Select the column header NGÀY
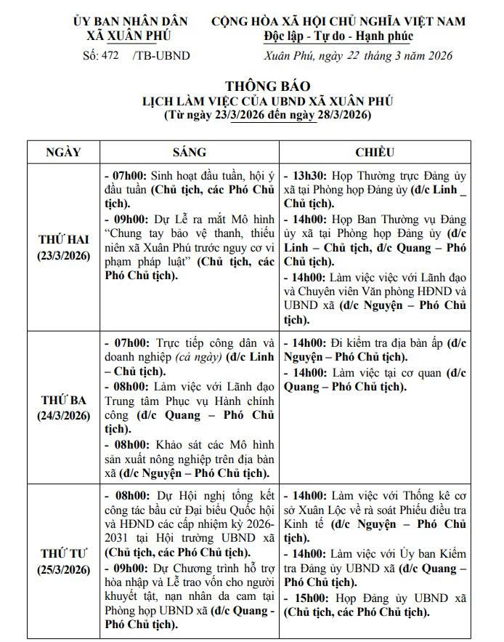[63, 152]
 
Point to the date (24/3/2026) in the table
[63, 416]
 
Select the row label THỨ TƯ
[63, 553]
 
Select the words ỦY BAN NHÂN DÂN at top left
[131, 21]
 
